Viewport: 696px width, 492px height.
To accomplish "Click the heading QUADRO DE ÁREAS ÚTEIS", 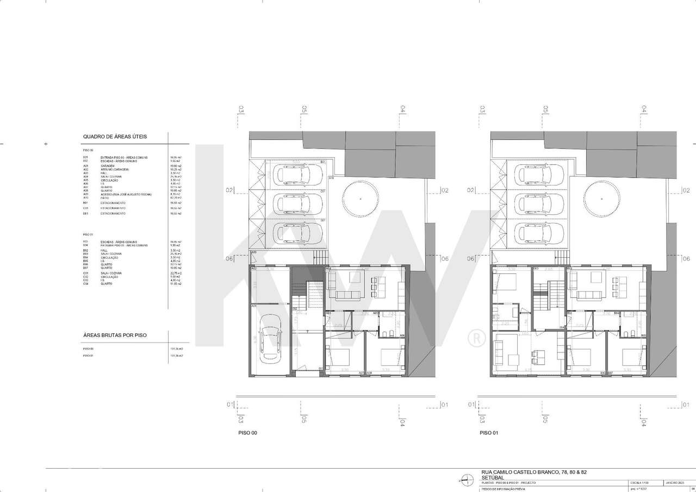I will (115, 136).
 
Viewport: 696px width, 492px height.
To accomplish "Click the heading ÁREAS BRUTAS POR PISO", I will (115, 335).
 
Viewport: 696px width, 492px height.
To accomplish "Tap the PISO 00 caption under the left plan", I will (247, 433).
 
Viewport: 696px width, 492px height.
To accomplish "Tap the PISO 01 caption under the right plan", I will (489, 433).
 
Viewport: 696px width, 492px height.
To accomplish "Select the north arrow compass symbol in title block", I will (466, 479).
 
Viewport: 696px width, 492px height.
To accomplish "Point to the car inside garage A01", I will (270, 340).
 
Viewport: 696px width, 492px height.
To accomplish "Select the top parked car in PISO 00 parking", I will (293, 175).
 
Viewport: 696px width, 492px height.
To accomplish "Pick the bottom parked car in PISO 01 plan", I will (535, 234).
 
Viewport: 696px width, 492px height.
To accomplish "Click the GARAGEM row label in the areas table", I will (108, 166).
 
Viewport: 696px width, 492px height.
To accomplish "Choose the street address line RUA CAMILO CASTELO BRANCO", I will (534, 472).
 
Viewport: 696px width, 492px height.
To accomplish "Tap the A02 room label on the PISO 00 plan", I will (254, 269).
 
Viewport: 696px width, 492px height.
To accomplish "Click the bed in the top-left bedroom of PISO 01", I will (504, 283).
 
